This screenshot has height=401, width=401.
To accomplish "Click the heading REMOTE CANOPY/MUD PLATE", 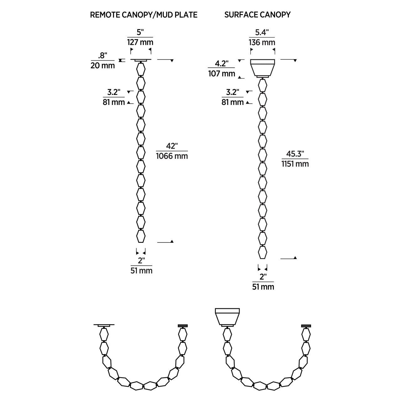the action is (143, 15).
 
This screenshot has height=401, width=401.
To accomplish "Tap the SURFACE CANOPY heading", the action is (258, 14).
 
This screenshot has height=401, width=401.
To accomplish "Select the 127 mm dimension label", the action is (140, 42).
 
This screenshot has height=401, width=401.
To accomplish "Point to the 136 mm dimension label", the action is (262, 43).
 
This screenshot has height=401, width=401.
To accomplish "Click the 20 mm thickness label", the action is (102, 65).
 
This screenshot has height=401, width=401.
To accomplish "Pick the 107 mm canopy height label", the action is (221, 73).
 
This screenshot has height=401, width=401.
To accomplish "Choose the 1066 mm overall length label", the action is (172, 156).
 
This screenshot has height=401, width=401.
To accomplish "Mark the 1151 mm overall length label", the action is (295, 164).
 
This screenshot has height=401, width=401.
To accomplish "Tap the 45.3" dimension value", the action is (295, 154).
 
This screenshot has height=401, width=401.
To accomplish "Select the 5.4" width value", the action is (262, 33).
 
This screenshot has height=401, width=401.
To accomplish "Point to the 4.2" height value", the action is (221, 64).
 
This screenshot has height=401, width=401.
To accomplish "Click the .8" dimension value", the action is (102, 56).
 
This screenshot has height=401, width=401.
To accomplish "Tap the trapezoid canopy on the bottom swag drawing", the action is (227, 317).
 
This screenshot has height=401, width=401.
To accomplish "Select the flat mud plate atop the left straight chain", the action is (141, 60).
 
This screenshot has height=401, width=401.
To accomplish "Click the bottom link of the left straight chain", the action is (141, 236).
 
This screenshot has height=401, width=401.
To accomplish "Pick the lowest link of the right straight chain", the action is (263, 253).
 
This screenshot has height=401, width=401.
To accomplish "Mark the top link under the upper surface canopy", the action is (263, 85).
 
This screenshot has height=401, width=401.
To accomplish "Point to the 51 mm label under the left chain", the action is (141, 271).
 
